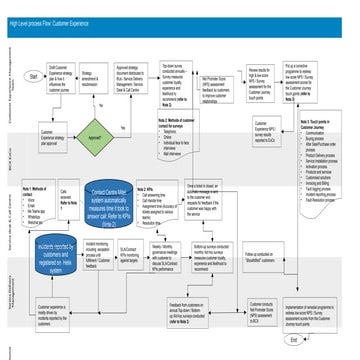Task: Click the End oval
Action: point(321,339)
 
